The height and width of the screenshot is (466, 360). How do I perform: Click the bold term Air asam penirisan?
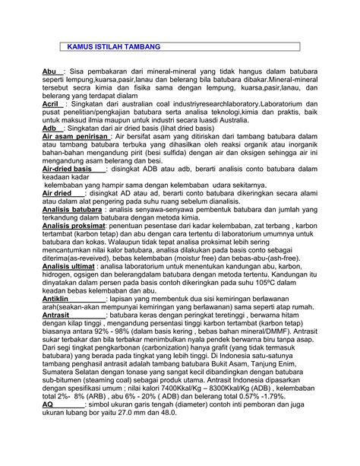click(68, 138)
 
